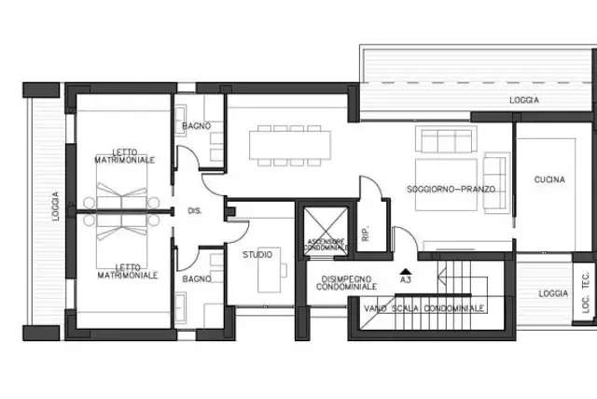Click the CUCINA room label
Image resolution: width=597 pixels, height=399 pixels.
tap(549, 179)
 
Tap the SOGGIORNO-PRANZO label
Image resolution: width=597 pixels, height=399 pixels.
tap(451, 189)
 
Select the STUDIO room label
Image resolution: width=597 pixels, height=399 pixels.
tap(257, 254)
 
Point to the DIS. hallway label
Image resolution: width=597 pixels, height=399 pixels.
tap(195, 210)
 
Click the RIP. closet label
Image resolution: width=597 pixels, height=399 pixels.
tap(366, 233)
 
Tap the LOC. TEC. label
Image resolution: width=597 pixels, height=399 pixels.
tap(586, 292)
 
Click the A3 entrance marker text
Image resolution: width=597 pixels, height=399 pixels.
tap(406, 279)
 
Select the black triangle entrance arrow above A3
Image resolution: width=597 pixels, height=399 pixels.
tap(406, 271)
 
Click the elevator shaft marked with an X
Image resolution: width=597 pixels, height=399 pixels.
tap(326, 231)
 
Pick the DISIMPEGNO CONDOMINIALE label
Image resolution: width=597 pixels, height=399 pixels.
tap(346, 283)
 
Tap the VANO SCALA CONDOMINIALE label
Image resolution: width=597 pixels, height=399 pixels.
tap(424, 308)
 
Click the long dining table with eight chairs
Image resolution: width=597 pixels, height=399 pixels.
tap(290, 146)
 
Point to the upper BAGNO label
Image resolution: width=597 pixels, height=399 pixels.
tap(197, 126)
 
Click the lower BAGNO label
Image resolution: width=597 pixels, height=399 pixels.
tap(197, 279)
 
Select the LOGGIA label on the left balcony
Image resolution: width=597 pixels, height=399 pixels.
tap(56, 206)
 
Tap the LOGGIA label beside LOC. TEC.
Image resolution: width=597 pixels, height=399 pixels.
tap(553, 293)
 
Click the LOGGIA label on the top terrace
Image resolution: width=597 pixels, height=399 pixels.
tap(524, 100)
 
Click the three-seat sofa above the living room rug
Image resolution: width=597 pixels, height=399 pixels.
tap(446, 139)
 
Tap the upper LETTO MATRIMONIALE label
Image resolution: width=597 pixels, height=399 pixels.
tap(124, 156)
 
